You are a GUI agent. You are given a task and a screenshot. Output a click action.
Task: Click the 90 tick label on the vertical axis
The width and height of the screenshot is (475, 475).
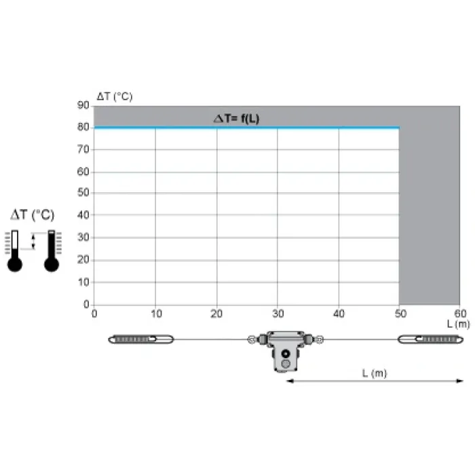pyautogui.click(x=83, y=105)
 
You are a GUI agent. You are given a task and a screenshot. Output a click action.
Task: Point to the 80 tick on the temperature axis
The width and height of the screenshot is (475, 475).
pyautogui.click(x=83, y=127)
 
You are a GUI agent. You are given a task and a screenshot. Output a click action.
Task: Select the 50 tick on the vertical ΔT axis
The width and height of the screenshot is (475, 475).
pyautogui.click(x=83, y=192)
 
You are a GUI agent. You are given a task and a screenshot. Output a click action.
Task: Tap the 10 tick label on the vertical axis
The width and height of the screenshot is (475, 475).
pyautogui.click(x=83, y=282)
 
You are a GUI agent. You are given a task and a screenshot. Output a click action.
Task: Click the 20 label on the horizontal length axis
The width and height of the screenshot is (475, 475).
pyautogui.click(x=216, y=313)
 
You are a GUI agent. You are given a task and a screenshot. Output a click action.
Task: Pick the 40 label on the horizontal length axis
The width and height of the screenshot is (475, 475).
pyautogui.click(x=339, y=313)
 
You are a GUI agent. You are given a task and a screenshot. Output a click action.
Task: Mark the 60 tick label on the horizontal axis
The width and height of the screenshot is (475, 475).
pyautogui.click(x=461, y=313)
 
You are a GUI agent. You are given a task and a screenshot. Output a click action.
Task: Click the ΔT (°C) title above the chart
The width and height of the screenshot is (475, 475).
pyautogui.click(x=115, y=96)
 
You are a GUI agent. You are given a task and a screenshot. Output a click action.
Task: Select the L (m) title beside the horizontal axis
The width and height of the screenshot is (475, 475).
pyautogui.click(x=458, y=324)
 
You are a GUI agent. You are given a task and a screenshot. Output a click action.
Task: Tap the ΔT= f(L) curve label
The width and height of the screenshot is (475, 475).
pyautogui.click(x=237, y=119)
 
